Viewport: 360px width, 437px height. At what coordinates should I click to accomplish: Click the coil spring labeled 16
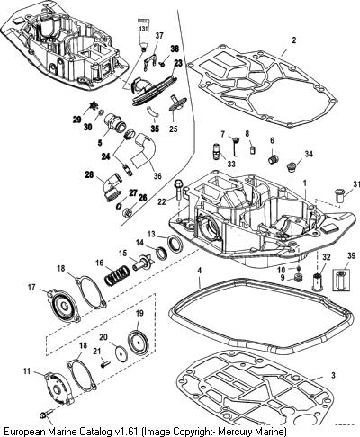click(x=117, y=276)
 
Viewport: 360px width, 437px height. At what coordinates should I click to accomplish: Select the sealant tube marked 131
click(x=143, y=33)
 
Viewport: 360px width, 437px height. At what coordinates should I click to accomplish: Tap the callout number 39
click(x=351, y=255)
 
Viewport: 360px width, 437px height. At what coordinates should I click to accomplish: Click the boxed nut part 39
click(x=341, y=280)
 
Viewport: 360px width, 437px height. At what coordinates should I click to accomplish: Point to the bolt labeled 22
click(x=178, y=191)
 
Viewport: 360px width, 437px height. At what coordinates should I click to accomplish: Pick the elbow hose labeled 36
click(x=144, y=149)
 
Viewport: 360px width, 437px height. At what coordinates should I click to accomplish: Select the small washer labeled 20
click(x=121, y=352)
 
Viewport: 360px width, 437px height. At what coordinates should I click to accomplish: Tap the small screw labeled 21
click(x=105, y=364)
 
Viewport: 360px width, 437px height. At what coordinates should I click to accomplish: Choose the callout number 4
click(x=199, y=271)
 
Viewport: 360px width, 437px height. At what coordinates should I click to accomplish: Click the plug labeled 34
click(x=291, y=166)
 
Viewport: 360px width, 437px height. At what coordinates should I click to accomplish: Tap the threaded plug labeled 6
click(x=274, y=159)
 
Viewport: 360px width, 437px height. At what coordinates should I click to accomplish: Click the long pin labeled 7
click(x=235, y=146)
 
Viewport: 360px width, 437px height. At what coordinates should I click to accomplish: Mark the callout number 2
click(x=294, y=40)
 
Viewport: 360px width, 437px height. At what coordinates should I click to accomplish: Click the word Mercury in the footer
click(x=236, y=432)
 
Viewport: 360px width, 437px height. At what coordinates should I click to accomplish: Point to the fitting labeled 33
click(x=218, y=150)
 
